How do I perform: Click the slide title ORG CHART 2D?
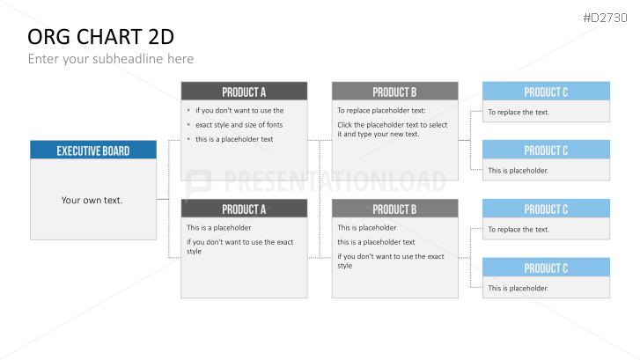(101, 37)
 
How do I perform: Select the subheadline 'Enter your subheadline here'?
(111, 59)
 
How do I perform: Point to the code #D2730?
(605, 18)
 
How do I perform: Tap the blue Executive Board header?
(93, 150)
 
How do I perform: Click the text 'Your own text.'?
(92, 200)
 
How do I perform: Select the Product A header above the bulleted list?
(244, 91)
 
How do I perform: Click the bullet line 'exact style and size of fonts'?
(239, 125)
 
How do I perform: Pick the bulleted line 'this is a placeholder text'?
(234, 139)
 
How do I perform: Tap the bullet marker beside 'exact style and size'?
(188, 124)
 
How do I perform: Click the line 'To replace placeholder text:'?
(381, 111)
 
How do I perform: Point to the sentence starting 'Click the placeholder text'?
(393, 129)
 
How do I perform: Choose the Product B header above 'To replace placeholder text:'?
(394, 91)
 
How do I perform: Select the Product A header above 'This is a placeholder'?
(244, 209)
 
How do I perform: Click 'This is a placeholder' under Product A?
(219, 228)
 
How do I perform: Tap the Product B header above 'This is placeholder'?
(394, 209)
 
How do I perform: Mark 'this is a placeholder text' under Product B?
(376, 242)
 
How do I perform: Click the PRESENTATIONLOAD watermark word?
(335, 181)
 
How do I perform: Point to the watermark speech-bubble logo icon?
(198, 184)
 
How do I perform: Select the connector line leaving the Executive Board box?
(163, 199)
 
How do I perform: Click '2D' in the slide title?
(161, 37)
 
